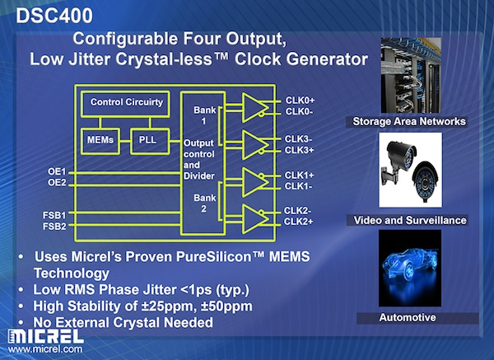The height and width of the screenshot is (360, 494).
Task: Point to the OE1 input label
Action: (57, 172)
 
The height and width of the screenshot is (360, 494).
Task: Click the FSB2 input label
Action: (57, 225)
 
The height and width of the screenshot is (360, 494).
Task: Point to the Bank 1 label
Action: (203, 115)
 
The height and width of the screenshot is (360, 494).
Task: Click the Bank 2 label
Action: (203, 203)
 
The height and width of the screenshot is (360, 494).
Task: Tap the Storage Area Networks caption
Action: (409, 122)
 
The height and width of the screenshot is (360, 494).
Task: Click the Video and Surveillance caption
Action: (410, 220)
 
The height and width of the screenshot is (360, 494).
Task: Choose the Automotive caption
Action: (410, 317)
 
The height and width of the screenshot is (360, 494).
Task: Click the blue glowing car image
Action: (409, 271)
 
